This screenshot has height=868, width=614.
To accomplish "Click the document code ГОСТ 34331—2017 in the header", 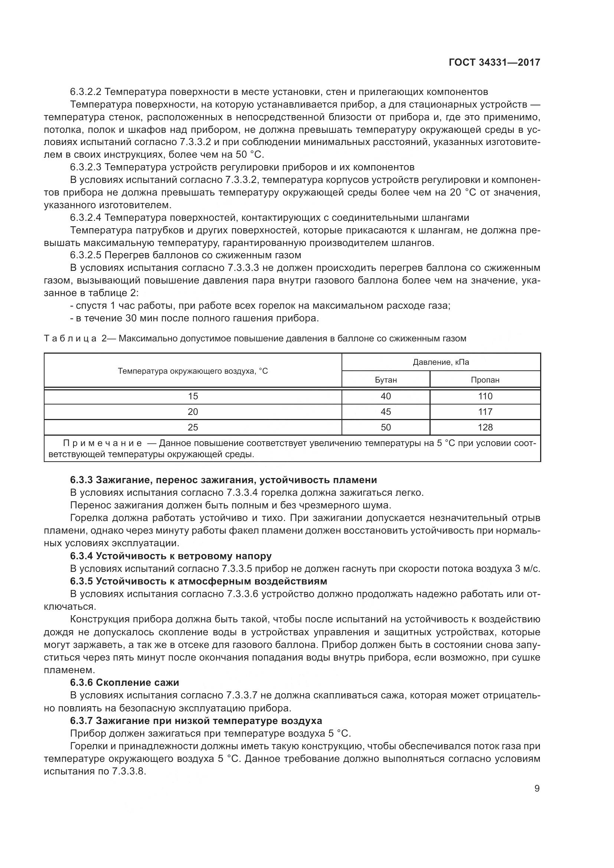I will coord(494,62).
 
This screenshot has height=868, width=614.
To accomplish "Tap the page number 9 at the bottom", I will coord(537,788).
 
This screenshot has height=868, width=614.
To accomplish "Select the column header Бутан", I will coord(386,380).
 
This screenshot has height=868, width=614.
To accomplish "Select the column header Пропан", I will coord(485,380).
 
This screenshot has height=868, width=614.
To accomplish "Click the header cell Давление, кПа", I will coord(441,362).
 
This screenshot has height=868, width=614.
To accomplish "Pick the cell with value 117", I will coord(485,412).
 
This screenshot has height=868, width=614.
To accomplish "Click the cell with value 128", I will coord(485,427).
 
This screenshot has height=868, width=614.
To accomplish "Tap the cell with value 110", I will coord(485,396).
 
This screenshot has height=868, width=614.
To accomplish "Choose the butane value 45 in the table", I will coord(386,412).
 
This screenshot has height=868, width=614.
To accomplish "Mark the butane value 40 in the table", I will coord(386,396).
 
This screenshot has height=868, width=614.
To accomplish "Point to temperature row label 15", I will coord(193,396).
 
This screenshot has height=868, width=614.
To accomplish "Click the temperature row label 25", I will coord(193,427).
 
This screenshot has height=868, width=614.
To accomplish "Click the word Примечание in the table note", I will coord(102,443).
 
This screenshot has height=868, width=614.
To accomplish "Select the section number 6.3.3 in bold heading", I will coord(81,480).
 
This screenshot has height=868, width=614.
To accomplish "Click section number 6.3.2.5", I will coord(85,255).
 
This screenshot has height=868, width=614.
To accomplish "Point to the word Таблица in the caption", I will coord(70,338).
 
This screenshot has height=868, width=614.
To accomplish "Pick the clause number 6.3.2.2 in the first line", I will coord(85,92).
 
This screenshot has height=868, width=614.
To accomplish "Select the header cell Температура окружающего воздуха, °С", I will coord(193,371).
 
